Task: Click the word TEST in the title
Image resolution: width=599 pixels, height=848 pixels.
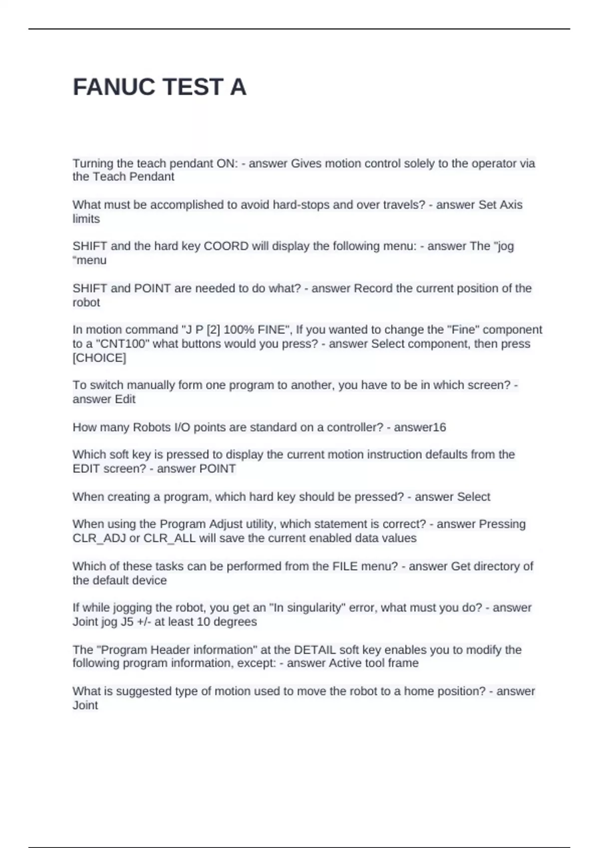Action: coord(192,87)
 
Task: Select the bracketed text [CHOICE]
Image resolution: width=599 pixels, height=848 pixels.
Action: coord(99,358)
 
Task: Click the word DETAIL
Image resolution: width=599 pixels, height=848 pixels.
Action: coord(314,649)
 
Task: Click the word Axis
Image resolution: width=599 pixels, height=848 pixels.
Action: coord(511,205)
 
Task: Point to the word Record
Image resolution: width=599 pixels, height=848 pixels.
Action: coord(373,288)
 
